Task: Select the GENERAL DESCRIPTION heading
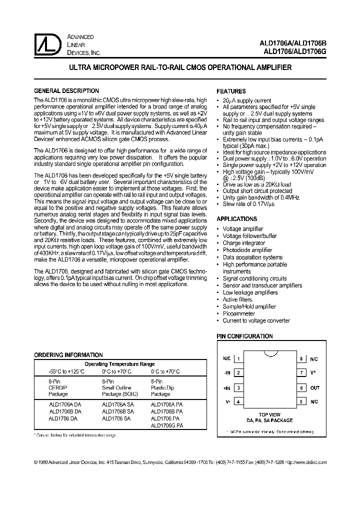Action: pyautogui.click(x=66, y=91)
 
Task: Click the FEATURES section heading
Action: pyautogui.click(x=231, y=91)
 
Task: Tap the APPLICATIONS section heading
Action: pyautogui.click(x=236, y=219)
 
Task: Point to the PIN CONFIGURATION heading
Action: pyautogui.click(x=244, y=337)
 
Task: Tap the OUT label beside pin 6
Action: pyautogui.click(x=314, y=387)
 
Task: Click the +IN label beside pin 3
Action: pyautogui.click(x=226, y=387)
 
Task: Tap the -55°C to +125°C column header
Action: pyautogui.click(x=59, y=371)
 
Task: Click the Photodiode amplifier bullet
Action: pyautogui.click(x=247, y=250)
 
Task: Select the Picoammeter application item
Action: pyautogui.click(x=238, y=313)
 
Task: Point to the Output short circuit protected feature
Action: pyautogui.click(x=257, y=190)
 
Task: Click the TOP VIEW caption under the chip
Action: pyautogui.click(x=270, y=414)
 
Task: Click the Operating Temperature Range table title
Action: pyautogui.click(x=119, y=364)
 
